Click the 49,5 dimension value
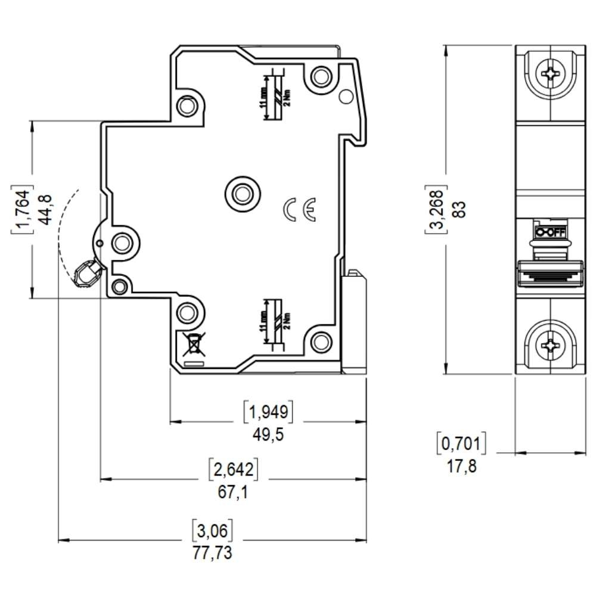[x=268, y=434]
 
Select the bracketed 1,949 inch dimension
[x=269, y=411]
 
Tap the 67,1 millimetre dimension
[x=233, y=493]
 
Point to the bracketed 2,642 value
[x=233, y=470]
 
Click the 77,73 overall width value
[x=212, y=552]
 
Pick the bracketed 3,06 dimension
[x=212, y=529]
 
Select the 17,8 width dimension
[x=462, y=466]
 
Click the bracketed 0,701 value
[x=462, y=443]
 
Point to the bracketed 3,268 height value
[x=437, y=209]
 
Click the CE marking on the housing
[x=300, y=209]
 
